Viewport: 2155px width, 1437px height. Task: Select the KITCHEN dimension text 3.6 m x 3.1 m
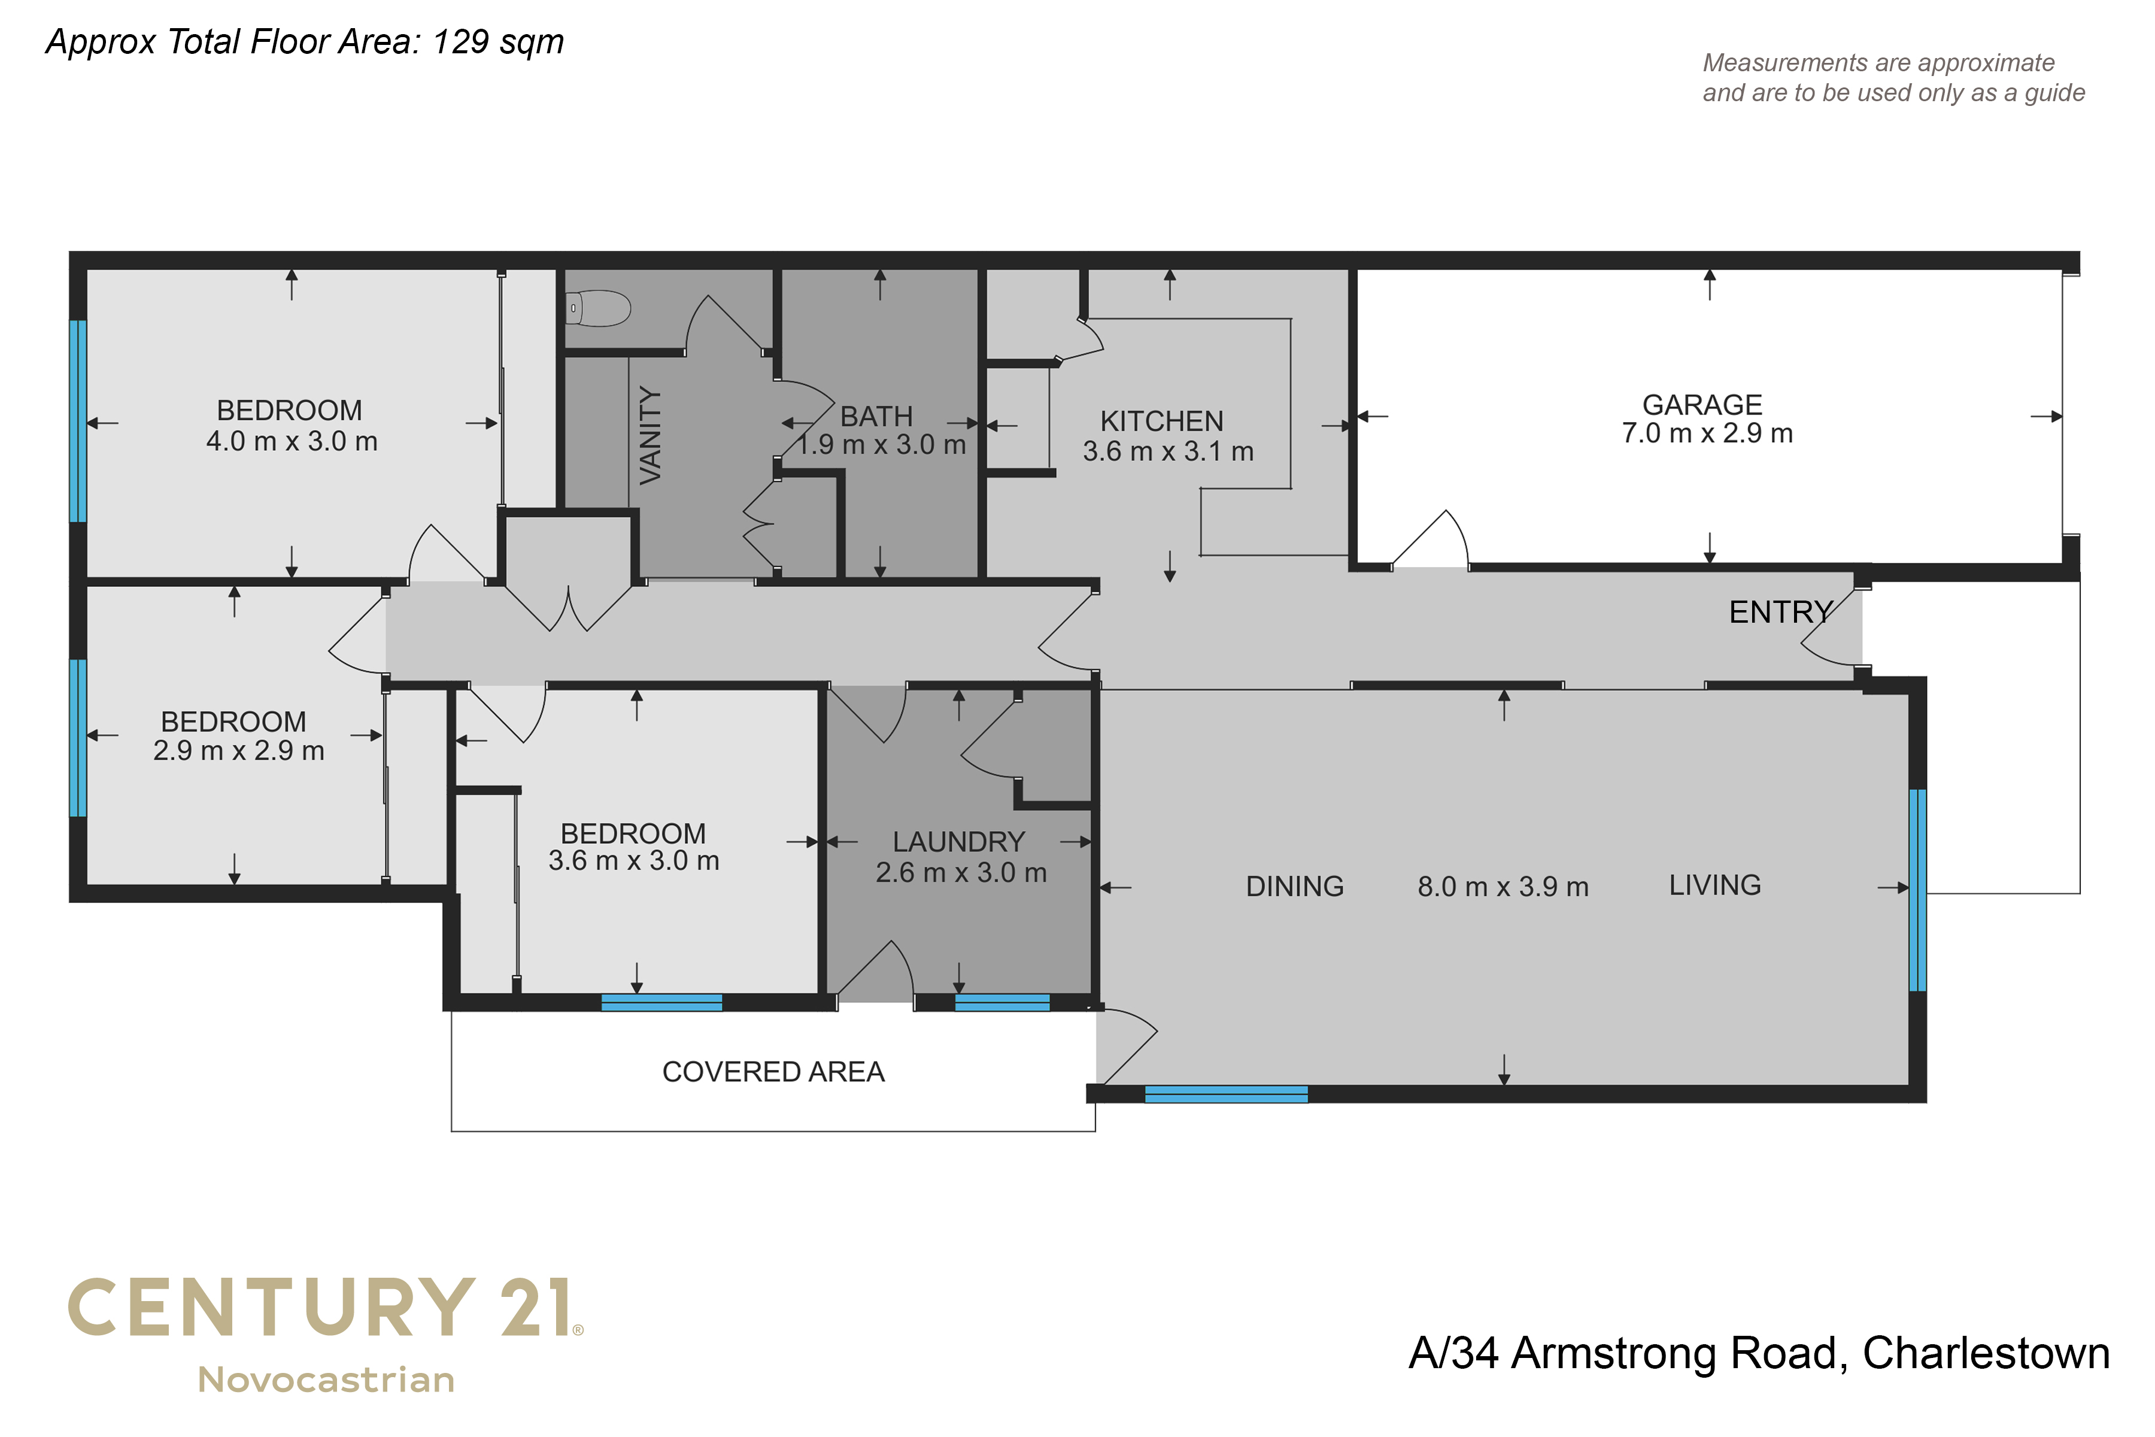point(1168,451)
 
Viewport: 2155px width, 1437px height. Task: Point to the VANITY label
point(649,435)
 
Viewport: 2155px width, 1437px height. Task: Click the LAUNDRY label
point(958,841)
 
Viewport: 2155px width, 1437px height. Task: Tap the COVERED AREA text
point(773,1071)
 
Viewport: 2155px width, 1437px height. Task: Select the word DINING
point(1295,886)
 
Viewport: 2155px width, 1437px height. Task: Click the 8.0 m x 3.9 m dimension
point(1503,886)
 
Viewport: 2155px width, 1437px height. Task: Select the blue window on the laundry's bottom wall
point(1002,1002)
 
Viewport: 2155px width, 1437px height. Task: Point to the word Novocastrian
point(326,1380)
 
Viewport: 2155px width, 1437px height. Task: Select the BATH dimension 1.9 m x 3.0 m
point(881,444)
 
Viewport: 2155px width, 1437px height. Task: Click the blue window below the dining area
point(1226,1093)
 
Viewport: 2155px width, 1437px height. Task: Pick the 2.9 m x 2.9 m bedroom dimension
point(238,751)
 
